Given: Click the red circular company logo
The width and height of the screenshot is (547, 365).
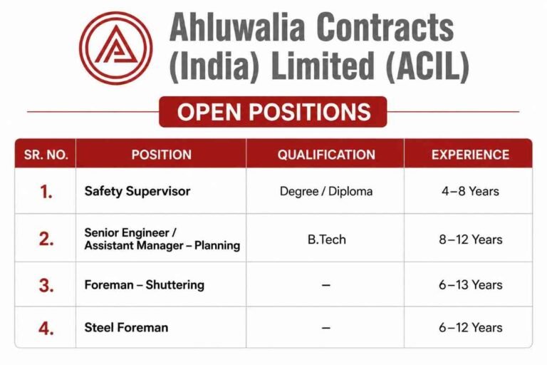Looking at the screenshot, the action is click(x=116, y=48).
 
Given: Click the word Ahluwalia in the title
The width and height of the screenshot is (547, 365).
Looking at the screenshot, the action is click(x=237, y=27).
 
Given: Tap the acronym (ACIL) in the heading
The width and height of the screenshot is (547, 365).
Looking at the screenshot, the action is click(x=427, y=66).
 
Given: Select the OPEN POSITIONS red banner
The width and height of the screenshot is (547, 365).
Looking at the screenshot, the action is click(x=273, y=112).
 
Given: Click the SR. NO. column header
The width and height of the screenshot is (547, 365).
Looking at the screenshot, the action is click(x=46, y=155).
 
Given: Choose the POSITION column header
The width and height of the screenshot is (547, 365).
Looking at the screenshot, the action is click(x=162, y=155).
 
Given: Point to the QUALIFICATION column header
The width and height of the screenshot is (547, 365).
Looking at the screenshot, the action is click(x=326, y=155).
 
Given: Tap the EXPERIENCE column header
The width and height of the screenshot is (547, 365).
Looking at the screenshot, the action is click(x=470, y=155).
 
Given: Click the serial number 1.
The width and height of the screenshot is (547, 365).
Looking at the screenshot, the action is click(x=46, y=192).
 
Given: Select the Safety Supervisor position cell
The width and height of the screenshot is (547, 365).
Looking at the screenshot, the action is click(x=137, y=191).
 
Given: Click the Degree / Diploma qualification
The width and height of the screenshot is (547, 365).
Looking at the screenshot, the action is click(x=326, y=191).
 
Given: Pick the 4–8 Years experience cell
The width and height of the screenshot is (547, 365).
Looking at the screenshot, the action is click(x=470, y=191).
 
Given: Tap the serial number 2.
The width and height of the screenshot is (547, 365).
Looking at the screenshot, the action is click(x=46, y=240).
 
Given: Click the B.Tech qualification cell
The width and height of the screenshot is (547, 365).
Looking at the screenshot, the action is click(x=326, y=240).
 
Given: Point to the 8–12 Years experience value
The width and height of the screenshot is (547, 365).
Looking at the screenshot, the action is click(x=470, y=240).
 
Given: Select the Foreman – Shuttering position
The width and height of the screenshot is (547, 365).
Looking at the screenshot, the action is click(x=144, y=284).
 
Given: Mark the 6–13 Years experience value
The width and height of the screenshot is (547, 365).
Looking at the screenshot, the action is click(x=470, y=284).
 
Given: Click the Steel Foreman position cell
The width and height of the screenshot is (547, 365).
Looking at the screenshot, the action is click(x=126, y=327).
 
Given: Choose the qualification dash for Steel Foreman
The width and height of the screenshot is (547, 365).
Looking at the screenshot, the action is click(x=325, y=328).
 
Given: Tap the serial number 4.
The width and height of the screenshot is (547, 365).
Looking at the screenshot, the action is click(x=46, y=329).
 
